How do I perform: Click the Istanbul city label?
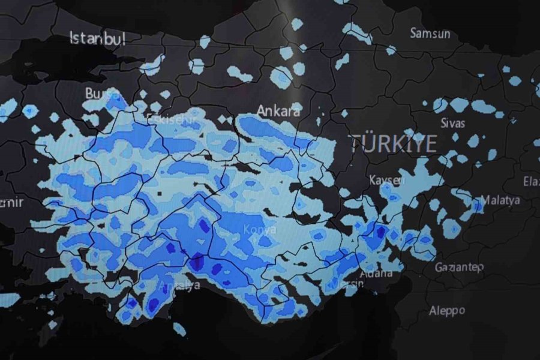(x=98, y=39)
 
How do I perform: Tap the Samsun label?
(x=430, y=33)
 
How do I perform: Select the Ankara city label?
(x=278, y=110)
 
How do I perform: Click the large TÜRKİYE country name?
(x=393, y=143)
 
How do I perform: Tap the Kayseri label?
(x=387, y=180)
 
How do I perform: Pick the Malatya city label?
(x=500, y=200)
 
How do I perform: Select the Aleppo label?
(x=447, y=310)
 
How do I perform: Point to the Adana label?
(x=375, y=274)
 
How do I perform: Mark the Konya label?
(x=260, y=229)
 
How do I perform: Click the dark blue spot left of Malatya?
(x=478, y=205)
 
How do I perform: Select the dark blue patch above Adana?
(x=380, y=230)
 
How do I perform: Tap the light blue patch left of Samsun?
(x=359, y=33)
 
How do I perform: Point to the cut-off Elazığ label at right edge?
(x=531, y=181)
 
